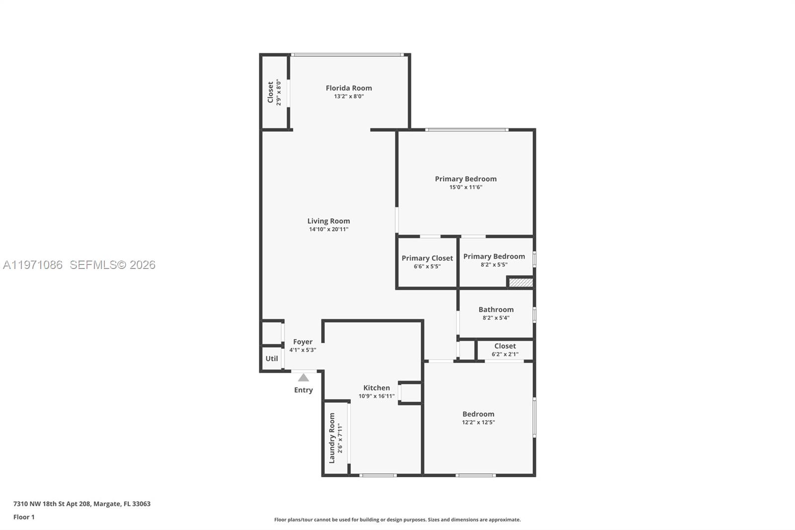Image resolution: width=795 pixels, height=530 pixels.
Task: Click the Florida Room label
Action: (x=348, y=88)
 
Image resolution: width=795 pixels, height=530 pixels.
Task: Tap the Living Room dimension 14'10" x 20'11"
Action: (x=328, y=230)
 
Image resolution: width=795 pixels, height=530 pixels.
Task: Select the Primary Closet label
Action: (x=427, y=258)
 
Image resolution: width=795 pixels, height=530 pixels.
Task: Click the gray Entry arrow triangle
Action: (x=303, y=378)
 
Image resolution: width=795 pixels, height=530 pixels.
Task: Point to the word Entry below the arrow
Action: (x=303, y=390)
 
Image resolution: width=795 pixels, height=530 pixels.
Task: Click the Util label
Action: (x=271, y=358)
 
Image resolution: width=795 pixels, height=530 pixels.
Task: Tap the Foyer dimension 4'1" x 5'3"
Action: (x=303, y=350)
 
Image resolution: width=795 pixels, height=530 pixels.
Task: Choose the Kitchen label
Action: (x=376, y=388)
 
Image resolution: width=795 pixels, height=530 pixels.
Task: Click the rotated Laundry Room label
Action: (x=332, y=438)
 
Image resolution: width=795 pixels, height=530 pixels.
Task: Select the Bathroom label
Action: (x=496, y=309)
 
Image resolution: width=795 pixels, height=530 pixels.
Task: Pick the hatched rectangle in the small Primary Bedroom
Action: (x=521, y=282)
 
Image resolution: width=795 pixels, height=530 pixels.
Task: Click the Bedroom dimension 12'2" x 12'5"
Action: (x=478, y=423)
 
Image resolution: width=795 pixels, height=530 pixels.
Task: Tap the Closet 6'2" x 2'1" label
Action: (x=505, y=346)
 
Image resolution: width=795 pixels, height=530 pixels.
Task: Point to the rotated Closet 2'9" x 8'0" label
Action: (x=270, y=92)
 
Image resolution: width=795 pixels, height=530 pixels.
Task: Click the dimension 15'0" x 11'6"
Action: (x=466, y=187)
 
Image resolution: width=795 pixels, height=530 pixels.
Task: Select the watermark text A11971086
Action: (x=33, y=265)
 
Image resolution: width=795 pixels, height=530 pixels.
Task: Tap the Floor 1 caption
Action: (x=24, y=517)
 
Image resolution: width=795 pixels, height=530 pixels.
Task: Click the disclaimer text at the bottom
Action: (x=397, y=520)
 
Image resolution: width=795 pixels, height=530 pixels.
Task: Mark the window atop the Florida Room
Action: (x=347, y=55)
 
